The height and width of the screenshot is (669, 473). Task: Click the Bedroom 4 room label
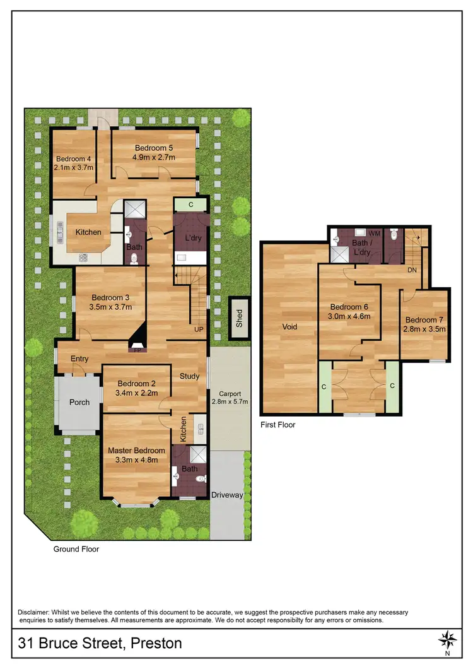(x=74, y=158)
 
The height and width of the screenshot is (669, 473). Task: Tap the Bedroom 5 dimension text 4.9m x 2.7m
(x=154, y=157)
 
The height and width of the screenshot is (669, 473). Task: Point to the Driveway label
(x=227, y=495)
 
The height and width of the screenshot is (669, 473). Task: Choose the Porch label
(x=79, y=402)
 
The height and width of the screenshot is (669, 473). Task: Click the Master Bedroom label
(x=136, y=451)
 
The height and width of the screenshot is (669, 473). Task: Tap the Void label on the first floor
(x=289, y=327)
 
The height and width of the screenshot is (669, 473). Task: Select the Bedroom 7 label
(x=425, y=319)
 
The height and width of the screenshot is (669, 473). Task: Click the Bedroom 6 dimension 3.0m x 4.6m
(x=349, y=316)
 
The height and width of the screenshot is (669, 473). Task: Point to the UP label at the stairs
(x=199, y=329)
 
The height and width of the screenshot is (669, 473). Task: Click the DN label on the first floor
(x=412, y=269)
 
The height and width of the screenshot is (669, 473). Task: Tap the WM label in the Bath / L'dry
(x=375, y=233)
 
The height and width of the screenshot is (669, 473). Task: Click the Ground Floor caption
(x=76, y=549)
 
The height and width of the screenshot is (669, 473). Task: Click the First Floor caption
(x=278, y=425)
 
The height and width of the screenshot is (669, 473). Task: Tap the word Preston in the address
(x=155, y=644)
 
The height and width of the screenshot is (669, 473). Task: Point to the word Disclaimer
(x=35, y=612)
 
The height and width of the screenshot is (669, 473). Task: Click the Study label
(x=189, y=376)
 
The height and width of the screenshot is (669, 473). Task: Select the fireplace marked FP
(x=137, y=348)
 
